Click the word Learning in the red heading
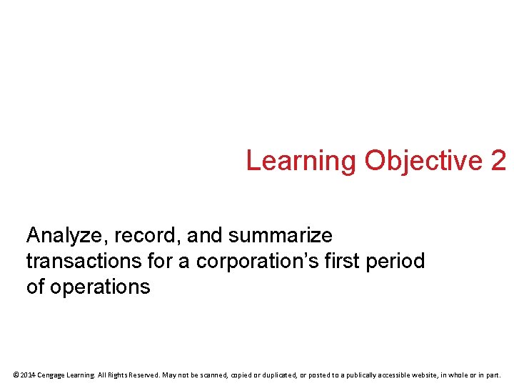point(301,161)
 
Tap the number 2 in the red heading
point(498,160)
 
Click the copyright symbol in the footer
point(16,375)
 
